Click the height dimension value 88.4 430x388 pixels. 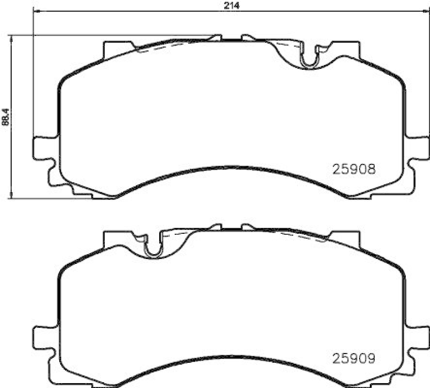coord(5,117)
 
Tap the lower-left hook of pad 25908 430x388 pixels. coord(64,185)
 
